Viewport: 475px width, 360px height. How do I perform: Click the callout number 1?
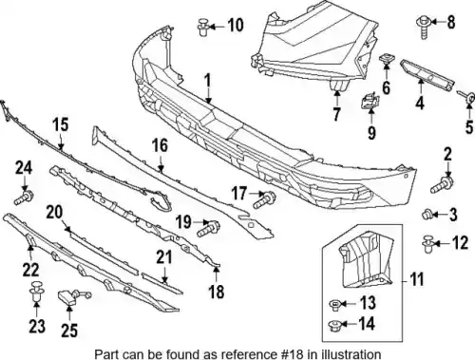[x=207, y=81]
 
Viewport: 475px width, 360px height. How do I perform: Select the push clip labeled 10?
[x=203, y=28]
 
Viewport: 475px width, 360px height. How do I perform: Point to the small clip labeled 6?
[x=386, y=59]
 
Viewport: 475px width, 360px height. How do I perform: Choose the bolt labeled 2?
[x=442, y=185]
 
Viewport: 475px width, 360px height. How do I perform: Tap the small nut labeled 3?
[x=427, y=215]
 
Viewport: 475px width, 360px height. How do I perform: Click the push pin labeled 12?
[x=428, y=243]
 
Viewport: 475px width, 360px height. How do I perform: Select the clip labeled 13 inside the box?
[x=334, y=305]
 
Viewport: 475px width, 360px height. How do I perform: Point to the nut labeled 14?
[x=333, y=325]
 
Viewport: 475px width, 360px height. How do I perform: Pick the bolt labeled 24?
[x=24, y=198]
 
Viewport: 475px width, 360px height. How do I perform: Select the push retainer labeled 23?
[x=36, y=292]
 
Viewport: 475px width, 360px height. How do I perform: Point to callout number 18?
[x=217, y=292]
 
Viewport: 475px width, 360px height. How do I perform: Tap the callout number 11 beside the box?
[x=417, y=279]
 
